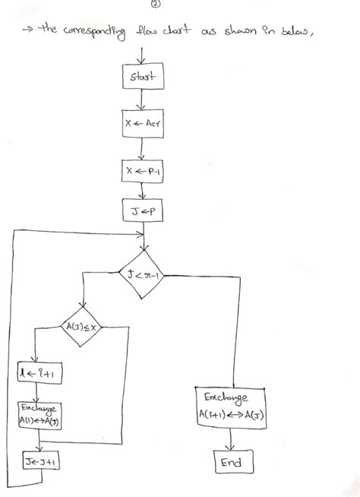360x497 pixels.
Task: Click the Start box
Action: tap(142, 77)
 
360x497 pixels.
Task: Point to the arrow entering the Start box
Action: tap(142, 55)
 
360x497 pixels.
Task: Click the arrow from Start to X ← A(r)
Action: tap(142, 100)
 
